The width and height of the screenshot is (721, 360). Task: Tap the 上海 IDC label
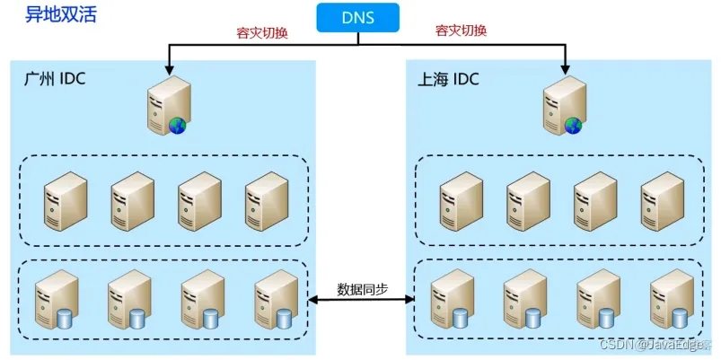pyautogui.click(x=449, y=80)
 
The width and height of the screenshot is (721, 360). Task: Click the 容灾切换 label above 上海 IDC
pyautogui.click(x=461, y=31)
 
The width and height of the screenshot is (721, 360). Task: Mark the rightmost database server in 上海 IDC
pyautogui.click(x=672, y=300)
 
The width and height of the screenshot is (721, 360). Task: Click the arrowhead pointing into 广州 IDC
pyautogui.click(x=167, y=67)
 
